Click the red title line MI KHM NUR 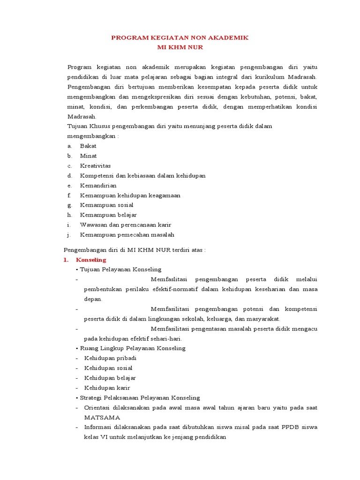180,47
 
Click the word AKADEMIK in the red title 227,37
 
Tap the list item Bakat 88,146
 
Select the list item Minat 88,156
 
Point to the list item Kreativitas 95,165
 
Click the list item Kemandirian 98,185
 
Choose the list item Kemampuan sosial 106,205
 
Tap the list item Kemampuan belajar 108,215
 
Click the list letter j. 68,234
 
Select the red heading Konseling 91,259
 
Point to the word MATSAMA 102,417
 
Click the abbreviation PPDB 291,427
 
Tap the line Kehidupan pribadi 107,358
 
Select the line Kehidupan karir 107,388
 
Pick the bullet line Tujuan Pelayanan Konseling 120,270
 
